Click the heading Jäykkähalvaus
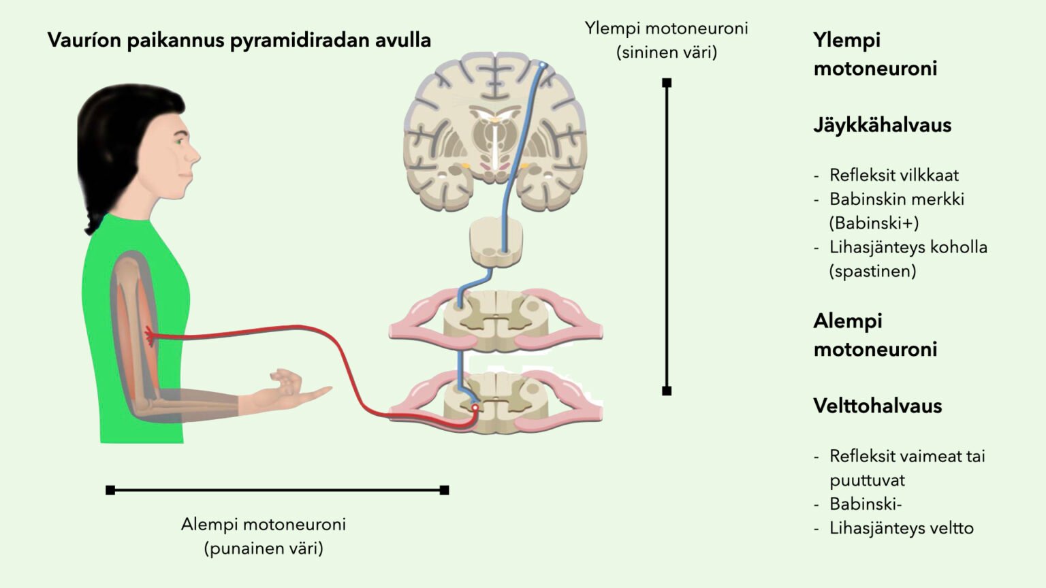pos(882,125)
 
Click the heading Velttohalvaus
pos(877,406)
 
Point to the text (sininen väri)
pos(667,52)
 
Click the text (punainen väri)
pos(264,549)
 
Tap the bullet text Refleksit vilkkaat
pos(893,176)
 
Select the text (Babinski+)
pos(874,223)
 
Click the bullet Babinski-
pos(865,504)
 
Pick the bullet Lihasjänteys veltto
pos(901,528)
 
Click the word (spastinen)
pos(872,272)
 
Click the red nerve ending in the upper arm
pos(149,334)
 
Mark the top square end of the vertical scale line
pos(667,83)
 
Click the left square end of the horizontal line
pos(110,490)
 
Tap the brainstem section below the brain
pos(496,241)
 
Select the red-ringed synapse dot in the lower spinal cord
pos(475,408)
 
